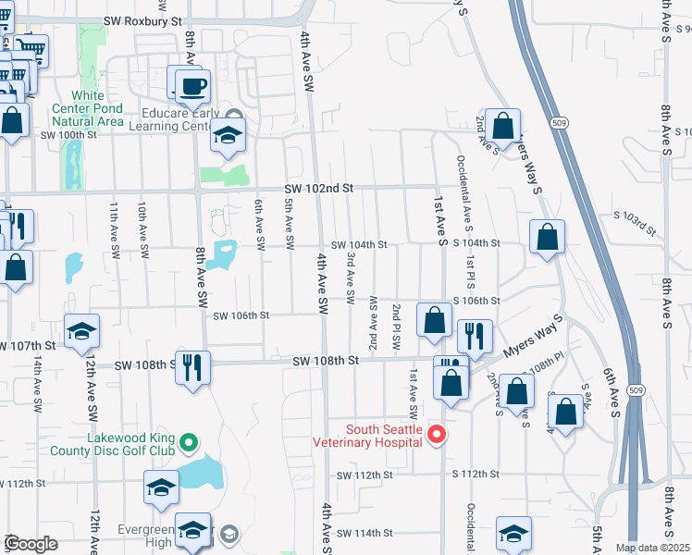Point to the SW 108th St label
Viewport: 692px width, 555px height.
pos(326,360)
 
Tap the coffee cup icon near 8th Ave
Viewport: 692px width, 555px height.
pos(192,87)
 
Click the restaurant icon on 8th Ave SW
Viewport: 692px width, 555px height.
pos(192,366)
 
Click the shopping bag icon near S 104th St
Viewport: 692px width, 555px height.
pos(548,237)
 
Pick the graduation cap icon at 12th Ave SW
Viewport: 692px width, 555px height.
pos(81,330)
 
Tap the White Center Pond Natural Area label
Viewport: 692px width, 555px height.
pos(87,108)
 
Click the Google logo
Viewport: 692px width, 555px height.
pos(31,544)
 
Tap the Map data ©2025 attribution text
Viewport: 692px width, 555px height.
pos(652,548)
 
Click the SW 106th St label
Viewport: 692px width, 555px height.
pos(241,315)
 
